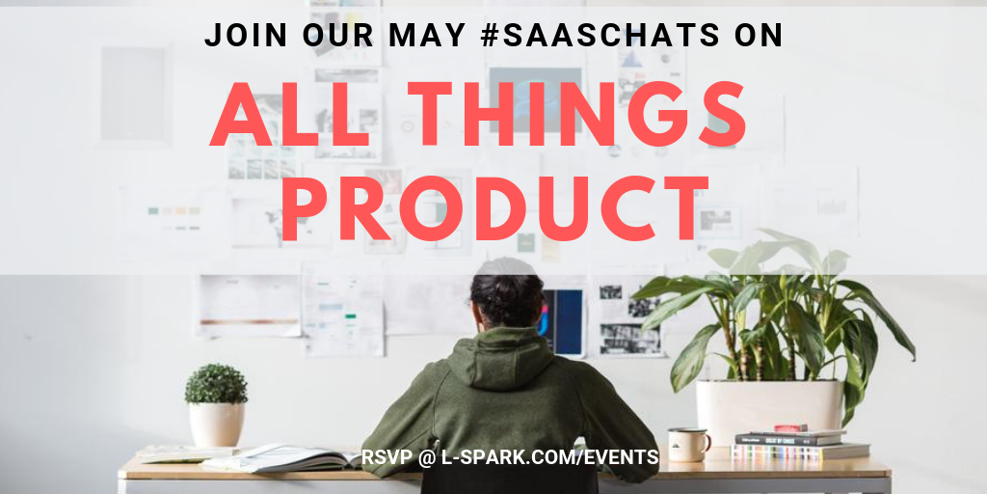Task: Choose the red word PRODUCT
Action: click(495, 208)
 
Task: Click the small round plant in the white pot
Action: click(216, 384)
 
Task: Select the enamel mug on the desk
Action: click(688, 444)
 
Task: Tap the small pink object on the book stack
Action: click(790, 428)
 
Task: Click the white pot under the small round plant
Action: click(217, 425)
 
